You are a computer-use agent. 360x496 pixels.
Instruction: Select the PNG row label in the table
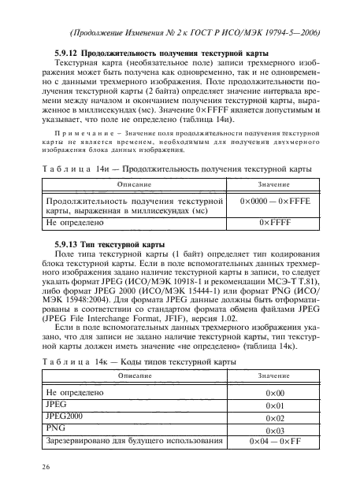[x=58, y=428]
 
